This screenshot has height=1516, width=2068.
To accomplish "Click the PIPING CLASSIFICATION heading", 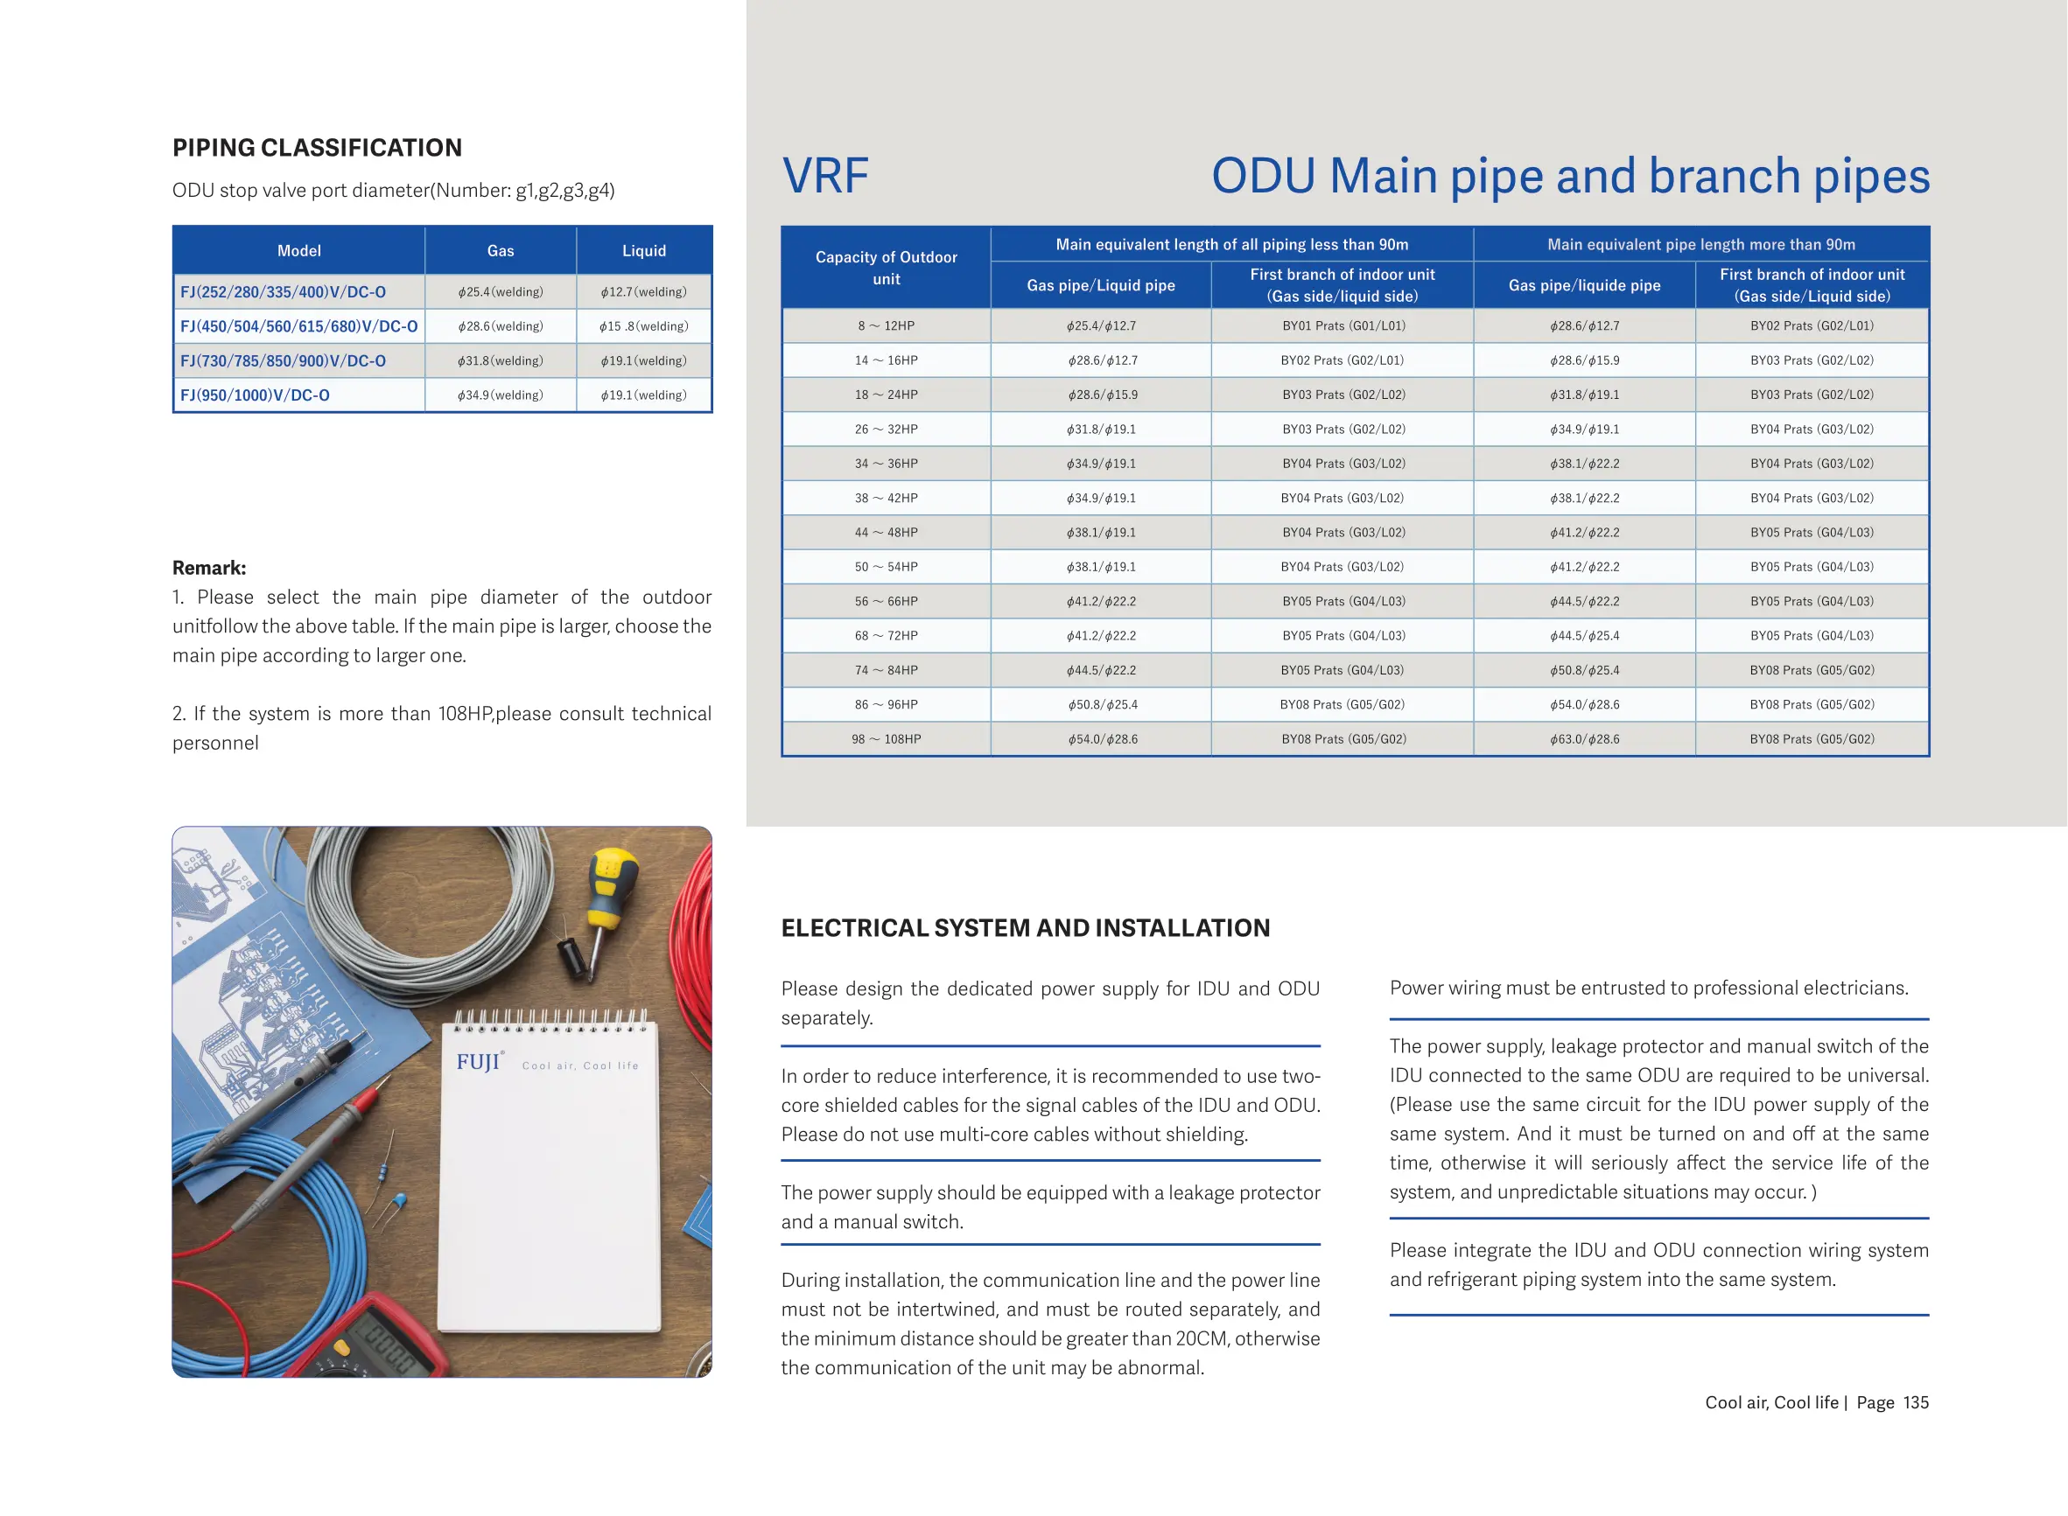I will coord(317,148).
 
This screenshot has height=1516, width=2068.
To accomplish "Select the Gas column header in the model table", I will coord(501,250).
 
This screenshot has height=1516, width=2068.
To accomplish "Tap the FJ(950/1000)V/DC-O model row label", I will coord(256,395).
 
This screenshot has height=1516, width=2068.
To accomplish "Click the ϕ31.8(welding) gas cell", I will coord(501,360).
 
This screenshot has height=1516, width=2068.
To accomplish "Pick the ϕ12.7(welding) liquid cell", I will coord(643,292).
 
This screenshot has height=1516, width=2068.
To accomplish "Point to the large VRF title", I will coord(825,175).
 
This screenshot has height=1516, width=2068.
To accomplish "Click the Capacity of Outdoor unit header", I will coord(886,268).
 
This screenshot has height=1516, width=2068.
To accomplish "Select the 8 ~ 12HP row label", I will coord(886,325).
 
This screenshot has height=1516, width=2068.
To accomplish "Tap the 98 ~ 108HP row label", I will coord(886,738).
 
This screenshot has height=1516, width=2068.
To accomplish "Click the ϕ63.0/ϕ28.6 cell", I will coord(1584,738).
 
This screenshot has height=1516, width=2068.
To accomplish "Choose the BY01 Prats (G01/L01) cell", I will coord(1343,325).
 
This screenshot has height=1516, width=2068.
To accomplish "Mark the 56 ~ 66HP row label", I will coord(886,601).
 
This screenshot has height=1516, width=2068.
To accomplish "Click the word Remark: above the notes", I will coord(209,568).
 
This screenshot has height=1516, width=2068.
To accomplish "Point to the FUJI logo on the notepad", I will coord(478,1063).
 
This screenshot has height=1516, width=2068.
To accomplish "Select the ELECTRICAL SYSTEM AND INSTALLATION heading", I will coord(1026,928).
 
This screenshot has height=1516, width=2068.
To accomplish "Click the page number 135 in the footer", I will coord(1916,1402).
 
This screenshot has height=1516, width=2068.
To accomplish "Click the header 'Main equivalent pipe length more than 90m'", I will coord(1700,244).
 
